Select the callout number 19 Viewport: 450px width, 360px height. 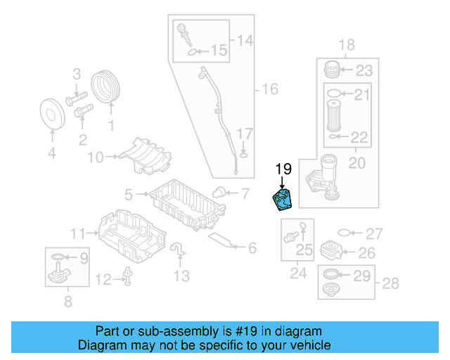click(283, 169)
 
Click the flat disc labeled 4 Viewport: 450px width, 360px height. click(51, 113)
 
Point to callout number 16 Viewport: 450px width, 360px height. click(270, 89)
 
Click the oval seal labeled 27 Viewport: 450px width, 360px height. click(345, 233)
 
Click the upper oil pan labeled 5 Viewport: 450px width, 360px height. click(186, 204)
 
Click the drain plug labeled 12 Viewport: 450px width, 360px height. click(128, 278)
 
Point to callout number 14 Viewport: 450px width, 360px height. click(244, 41)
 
